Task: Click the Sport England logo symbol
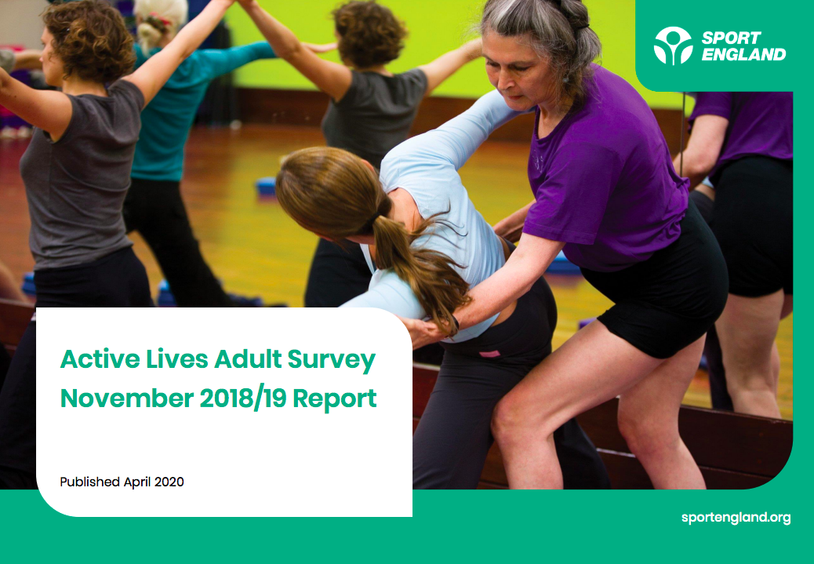coord(673,45)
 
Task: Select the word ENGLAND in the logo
coord(743,54)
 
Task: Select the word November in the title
coord(127,398)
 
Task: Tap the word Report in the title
coord(334,399)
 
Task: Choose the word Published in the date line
coord(90,482)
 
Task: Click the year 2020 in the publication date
coord(169,482)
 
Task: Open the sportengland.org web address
coord(736,518)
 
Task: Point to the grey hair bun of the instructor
coord(573,13)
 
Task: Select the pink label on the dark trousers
coord(489,354)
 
